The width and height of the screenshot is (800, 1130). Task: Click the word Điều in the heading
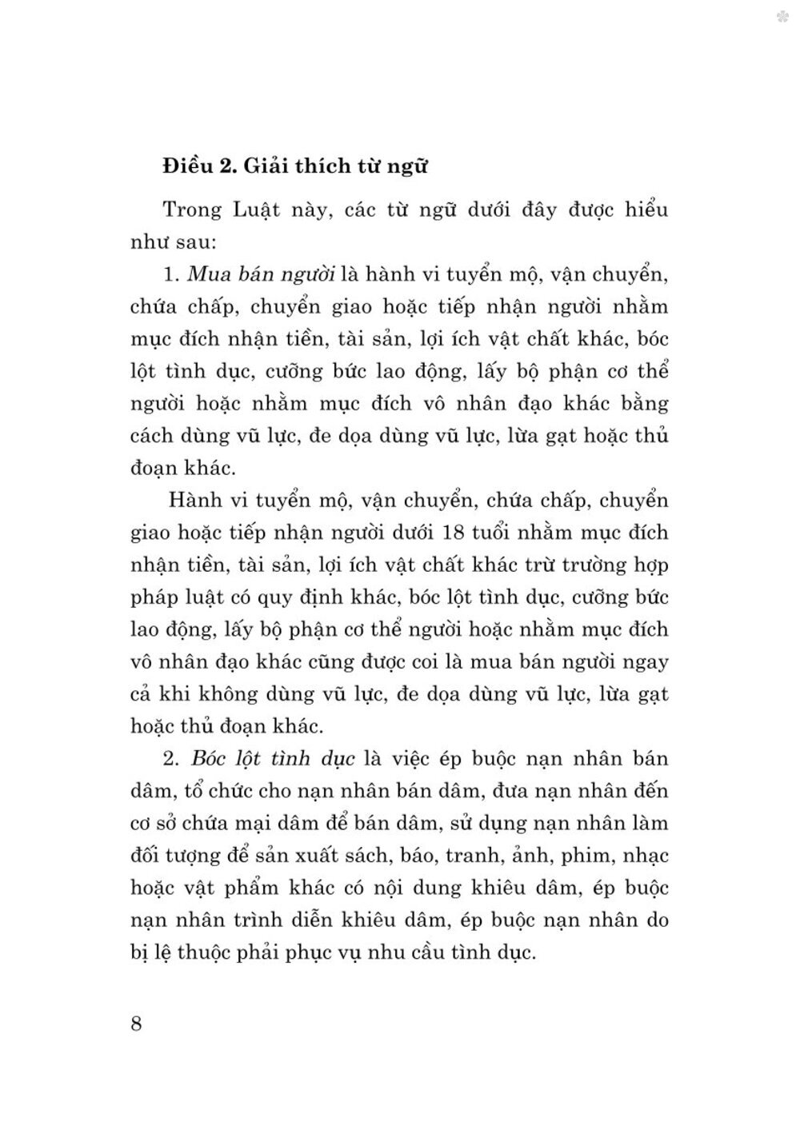point(186,166)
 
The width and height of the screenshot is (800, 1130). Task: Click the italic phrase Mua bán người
point(260,274)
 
